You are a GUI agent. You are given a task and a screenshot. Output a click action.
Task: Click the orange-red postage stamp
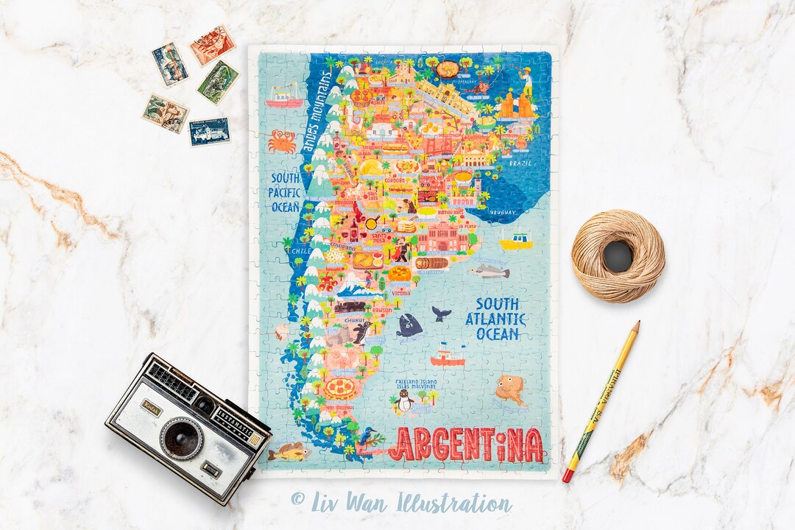[212, 45]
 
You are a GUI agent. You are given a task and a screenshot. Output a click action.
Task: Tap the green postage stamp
[218, 82]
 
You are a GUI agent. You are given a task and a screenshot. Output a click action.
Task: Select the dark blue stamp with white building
[209, 131]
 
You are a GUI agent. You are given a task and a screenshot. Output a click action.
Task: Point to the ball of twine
[618, 256]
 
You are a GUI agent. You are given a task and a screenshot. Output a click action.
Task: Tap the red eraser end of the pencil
[568, 476]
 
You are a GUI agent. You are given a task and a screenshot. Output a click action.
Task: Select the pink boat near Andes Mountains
[284, 96]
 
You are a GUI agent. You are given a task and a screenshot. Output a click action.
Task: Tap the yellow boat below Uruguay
[515, 241]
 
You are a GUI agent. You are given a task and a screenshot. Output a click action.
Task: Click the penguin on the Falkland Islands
[403, 401]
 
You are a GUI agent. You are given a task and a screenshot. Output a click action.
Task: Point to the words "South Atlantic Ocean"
[496, 319]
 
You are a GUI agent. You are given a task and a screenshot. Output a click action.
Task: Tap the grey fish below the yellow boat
[490, 272]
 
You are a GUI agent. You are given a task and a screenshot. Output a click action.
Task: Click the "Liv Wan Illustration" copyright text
[401, 503]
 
